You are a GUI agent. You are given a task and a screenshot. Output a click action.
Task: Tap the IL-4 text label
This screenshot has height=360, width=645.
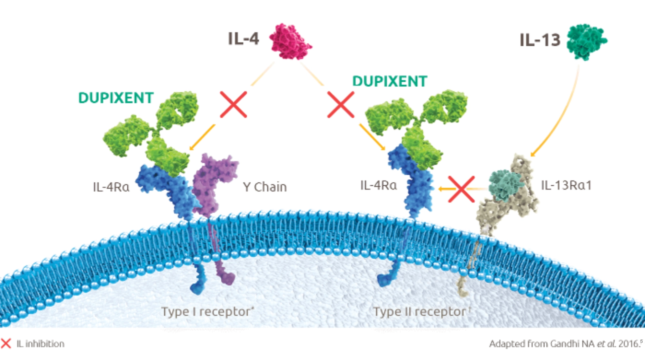244,39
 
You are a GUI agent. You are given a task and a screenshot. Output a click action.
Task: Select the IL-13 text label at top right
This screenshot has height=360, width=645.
540,40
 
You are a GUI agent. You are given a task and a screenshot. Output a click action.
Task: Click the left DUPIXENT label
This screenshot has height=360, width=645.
116,98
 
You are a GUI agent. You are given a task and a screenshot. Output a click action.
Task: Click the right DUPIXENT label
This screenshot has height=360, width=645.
390,81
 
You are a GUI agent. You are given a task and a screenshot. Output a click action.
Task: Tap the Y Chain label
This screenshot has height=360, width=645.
265,187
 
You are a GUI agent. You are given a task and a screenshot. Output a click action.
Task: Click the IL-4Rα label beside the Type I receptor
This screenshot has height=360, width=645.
111,187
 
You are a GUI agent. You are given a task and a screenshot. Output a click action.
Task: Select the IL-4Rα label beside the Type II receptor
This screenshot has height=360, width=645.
379,185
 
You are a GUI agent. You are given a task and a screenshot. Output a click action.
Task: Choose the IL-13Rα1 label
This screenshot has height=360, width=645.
566,185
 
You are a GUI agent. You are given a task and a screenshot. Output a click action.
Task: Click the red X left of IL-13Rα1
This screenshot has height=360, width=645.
461,189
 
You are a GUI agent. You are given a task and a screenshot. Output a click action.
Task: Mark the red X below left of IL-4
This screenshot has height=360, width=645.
233,104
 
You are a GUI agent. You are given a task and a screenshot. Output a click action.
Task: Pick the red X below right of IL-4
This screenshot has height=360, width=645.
341,105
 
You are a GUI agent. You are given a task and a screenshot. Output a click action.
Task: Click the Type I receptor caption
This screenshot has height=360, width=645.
207,312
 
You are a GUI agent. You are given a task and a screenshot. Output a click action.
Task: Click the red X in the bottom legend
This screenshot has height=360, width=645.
6,343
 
